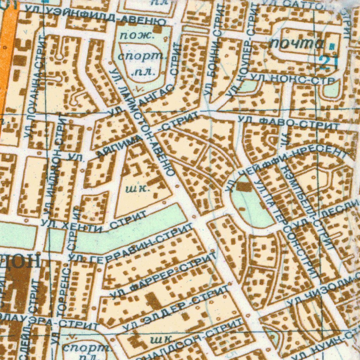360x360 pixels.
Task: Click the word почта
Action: pos(297,44)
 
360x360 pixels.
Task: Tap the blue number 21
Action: pos(329,63)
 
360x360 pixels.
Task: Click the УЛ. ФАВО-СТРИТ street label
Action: pos(289,123)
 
